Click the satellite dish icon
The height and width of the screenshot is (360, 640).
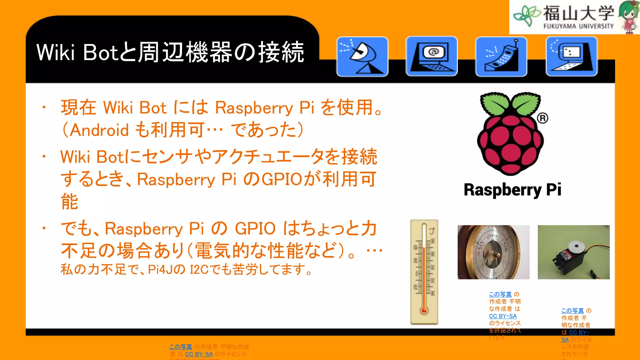click(x=362, y=57)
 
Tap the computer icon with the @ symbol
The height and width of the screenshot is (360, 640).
click(x=432, y=56)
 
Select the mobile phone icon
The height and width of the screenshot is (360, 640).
click(x=501, y=57)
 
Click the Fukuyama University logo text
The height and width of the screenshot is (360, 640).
click(x=578, y=17)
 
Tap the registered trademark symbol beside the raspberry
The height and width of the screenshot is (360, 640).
click(x=542, y=118)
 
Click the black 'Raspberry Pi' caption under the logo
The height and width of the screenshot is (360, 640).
click(x=512, y=190)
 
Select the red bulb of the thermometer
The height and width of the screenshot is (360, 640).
click(x=424, y=310)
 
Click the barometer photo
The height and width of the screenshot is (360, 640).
click(x=493, y=252)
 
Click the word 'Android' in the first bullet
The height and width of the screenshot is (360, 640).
click(x=99, y=130)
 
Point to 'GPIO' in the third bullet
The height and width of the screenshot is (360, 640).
click(x=255, y=228)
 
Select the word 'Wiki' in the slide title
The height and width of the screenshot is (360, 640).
click(x=56, y=52)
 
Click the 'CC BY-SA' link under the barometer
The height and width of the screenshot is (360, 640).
click(x=502, y=316)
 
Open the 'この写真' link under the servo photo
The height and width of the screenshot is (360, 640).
click(x=572, y=311)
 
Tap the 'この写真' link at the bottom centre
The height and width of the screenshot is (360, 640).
click(x=181, y=347)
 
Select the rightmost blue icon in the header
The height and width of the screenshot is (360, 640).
click(x=572, y=57)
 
